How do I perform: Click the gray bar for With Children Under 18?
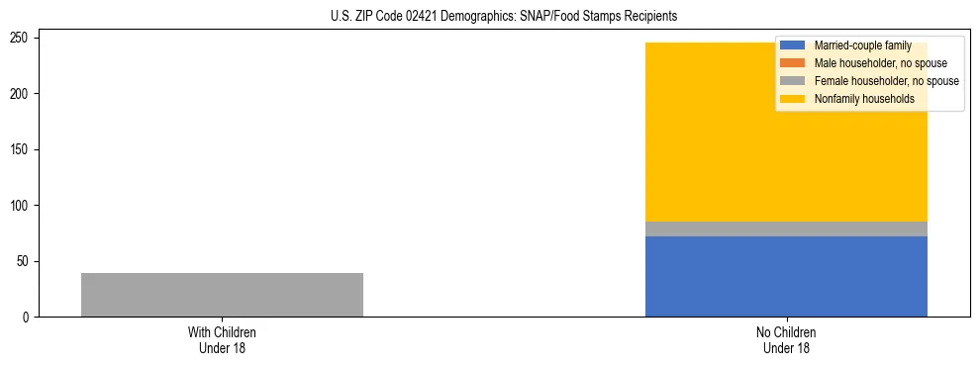tap(222, 295)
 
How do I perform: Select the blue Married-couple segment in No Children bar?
tap(786, 277)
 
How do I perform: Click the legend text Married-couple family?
tap(862, 46)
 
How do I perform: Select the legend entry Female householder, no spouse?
tap(886, 81)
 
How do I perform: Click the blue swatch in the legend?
tap(794, 46)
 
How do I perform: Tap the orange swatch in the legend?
tap(794, 63)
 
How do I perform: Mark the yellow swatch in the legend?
tap(794, 99)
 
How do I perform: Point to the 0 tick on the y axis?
tap(28, 318)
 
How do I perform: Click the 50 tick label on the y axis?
tap(25, 261)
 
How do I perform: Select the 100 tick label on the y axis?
tap(22, 206)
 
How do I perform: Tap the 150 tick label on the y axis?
tap(22, 149)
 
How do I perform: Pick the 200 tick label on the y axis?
tap(22, 94)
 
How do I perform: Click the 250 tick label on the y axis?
tap(22, 38)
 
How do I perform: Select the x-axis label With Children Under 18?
tap(222, 339)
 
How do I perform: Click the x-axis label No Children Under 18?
tap(786, 339)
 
